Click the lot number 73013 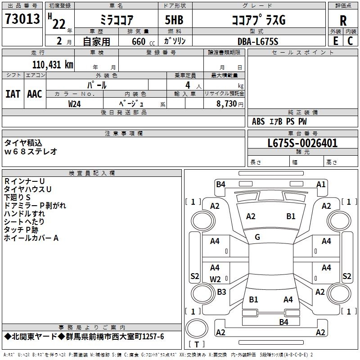tap(22, 19)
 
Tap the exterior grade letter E tap(335, 40)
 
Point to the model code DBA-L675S tap(258, 41)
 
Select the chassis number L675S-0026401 tap(302, 143)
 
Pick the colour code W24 tap(75, 103)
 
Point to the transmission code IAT tap(13, 94)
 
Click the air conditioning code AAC tap(35, 94)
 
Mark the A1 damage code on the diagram tap(321, 184)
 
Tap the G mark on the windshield tap(257, 237)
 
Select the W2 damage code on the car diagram tap(216, 279)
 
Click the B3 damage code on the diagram tap(221, 292)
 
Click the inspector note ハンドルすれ tap(24, 214)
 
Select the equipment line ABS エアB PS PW tap(279, 121)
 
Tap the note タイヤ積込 tap(23, 143)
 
